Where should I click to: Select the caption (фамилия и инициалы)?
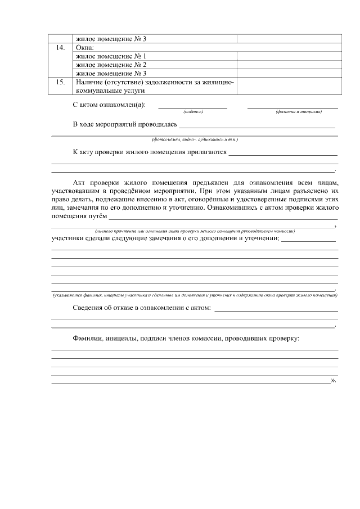tap(299, 111)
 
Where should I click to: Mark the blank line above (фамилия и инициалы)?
tap(292, 107)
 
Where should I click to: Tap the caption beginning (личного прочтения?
tap(195, 231)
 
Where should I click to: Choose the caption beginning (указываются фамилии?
tap(195, 295)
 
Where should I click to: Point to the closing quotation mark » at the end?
tap(334, 381)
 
